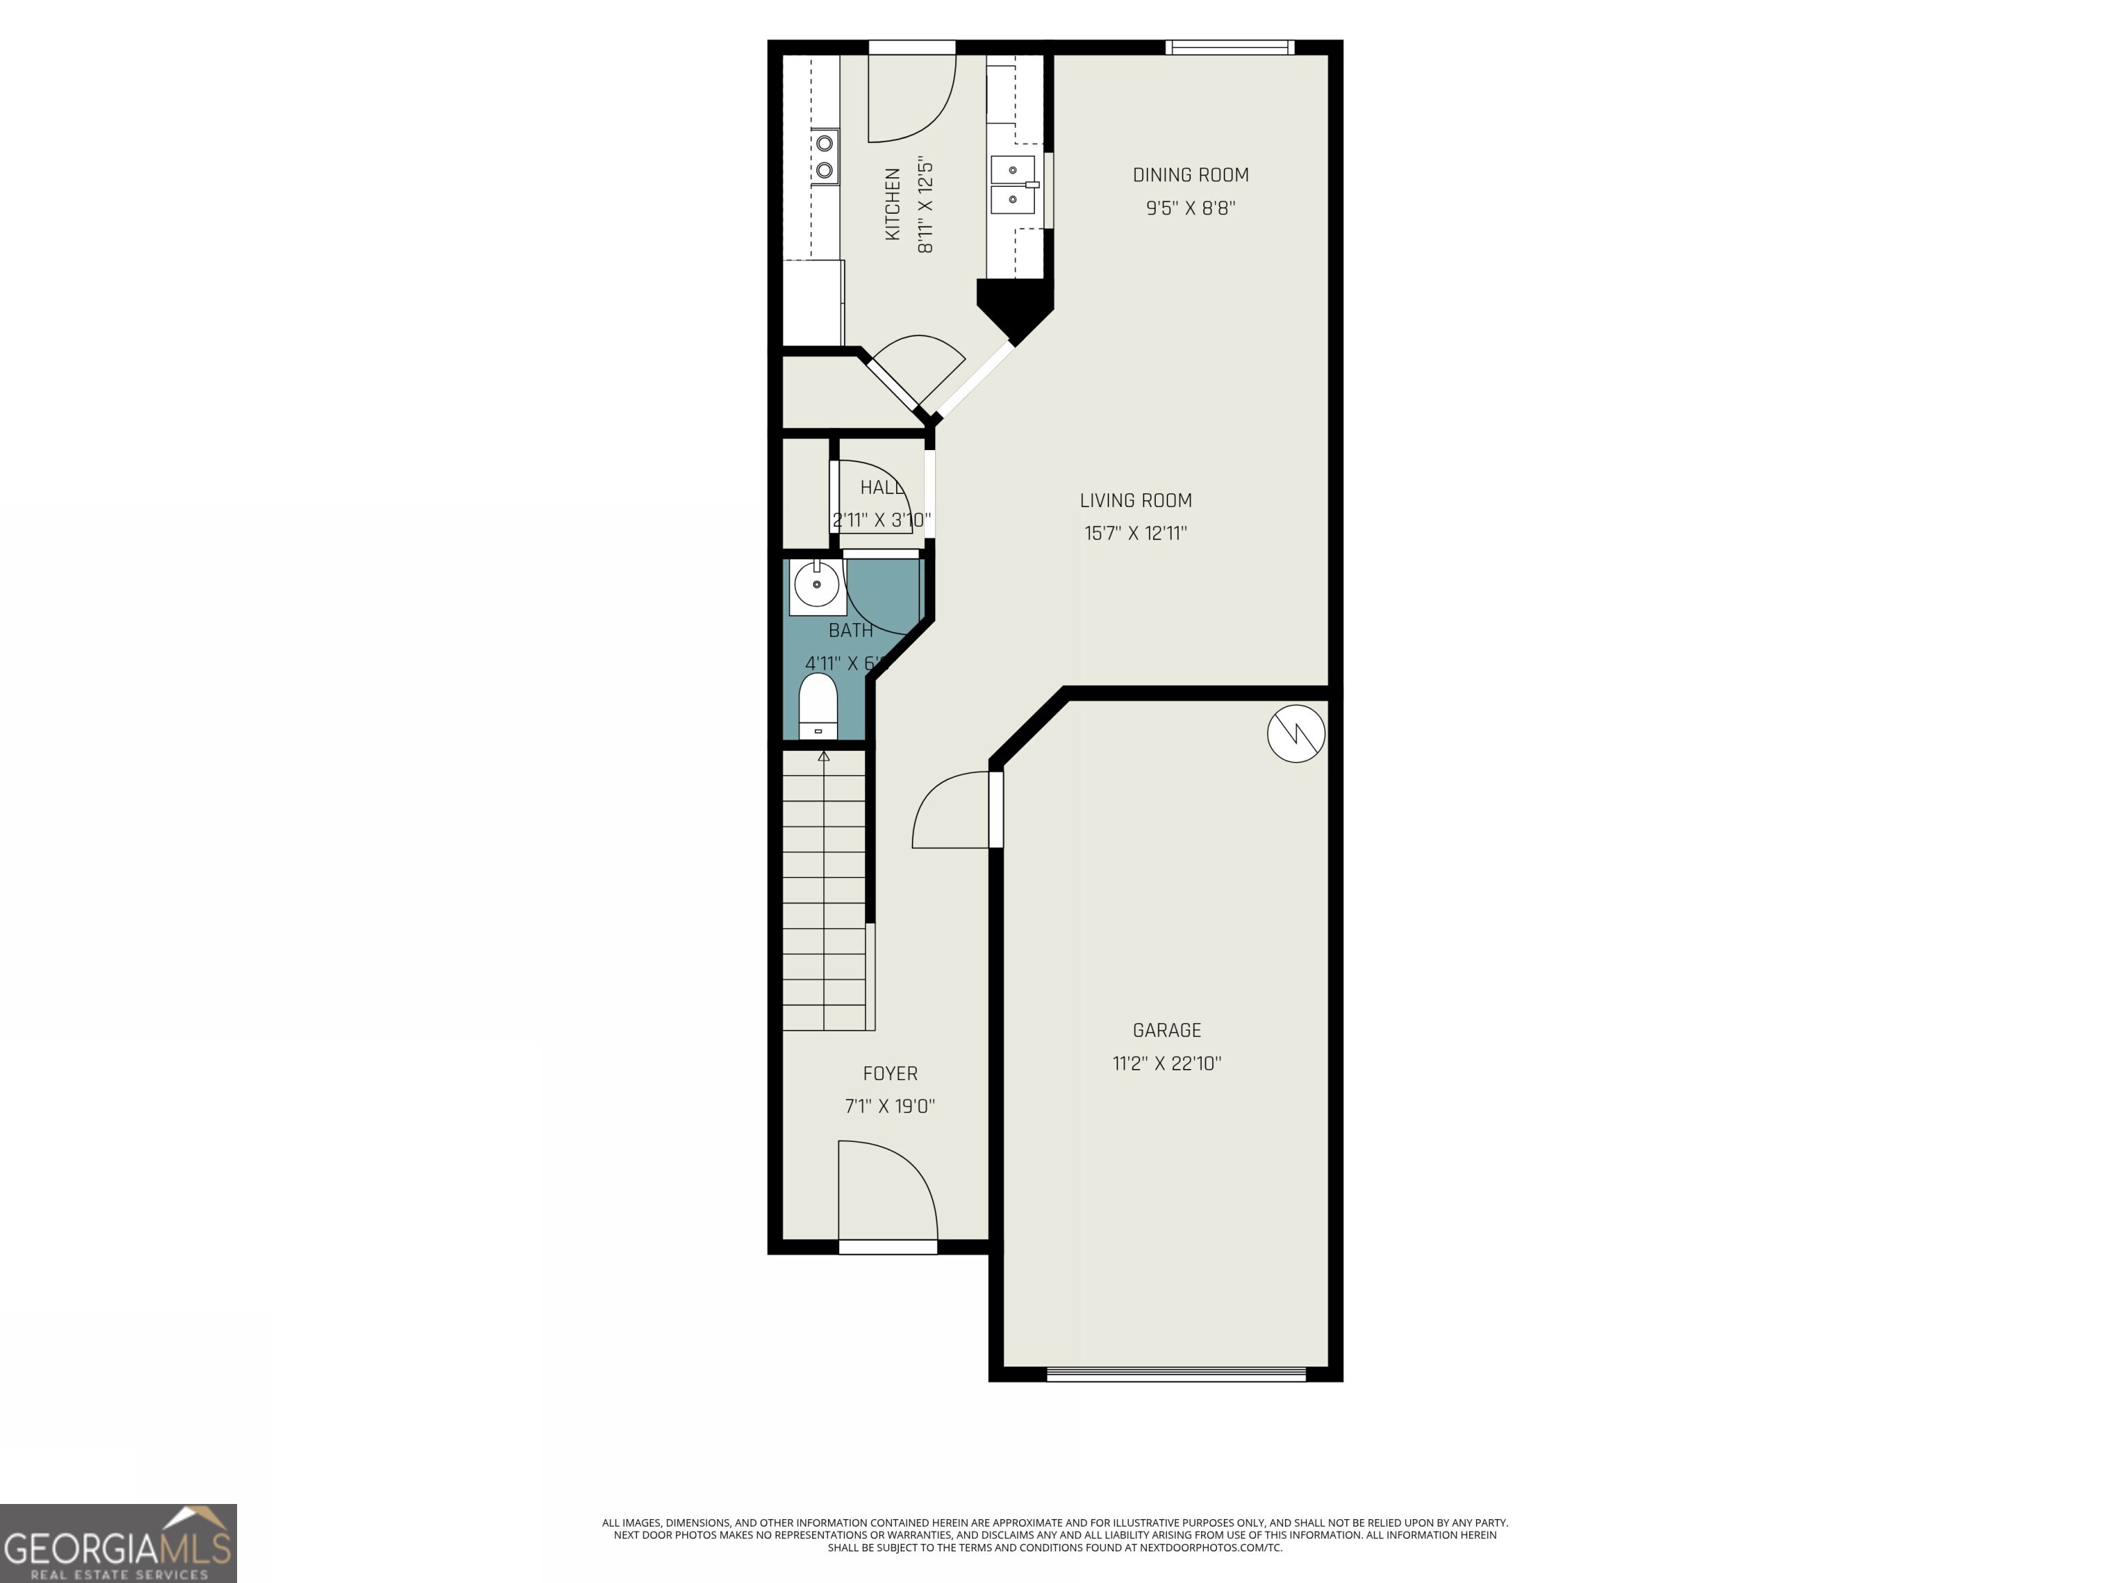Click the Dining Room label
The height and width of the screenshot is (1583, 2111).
pos(1190,175)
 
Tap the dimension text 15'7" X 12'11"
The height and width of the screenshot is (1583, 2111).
pos(1136,533)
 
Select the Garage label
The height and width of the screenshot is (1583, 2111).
pos(1166,1030)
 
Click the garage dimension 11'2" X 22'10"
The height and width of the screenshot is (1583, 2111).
pos(1166,1063)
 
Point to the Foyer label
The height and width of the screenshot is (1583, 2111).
pos(889,1073)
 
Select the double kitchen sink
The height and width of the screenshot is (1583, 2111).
pos(1014,185)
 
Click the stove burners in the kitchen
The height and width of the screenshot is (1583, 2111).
pos(825,157)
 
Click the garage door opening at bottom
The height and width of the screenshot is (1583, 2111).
pos(1176,1375)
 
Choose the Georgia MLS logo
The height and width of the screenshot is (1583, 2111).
pos(118,1543)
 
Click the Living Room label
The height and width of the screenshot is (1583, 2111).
pos(1136,500)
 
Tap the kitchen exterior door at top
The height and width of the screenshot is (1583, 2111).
pos(911,91)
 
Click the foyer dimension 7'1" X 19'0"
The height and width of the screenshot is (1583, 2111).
pos(889,1106)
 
